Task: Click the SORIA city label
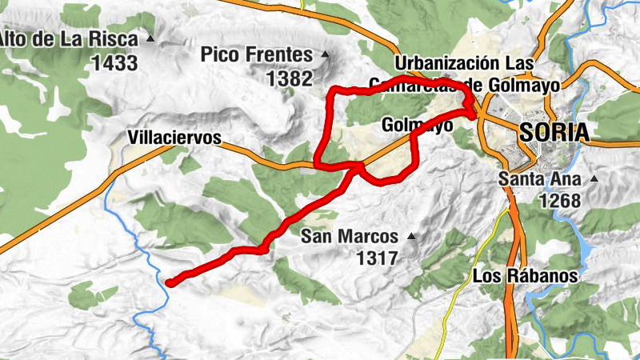pyautogui.click(x=554, y=132)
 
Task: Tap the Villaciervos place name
pyautogui.click(x=174, y=138)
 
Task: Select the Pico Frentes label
pyautogui.click(x=256, y=55)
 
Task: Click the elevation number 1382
pyautogui.click(x=289, y=78)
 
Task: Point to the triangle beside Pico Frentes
pyautogui.click(x=325, y=55)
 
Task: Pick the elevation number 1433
pyautogui.click(x=115, y=63)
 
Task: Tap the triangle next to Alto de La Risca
pyautogui.click(x=150, y=39)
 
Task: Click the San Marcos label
pyautogui.click(x=350, y=236)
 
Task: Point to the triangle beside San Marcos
pyautogui.click(x=411, y=236)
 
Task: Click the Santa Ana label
pyautogui.click(x=539, y=178)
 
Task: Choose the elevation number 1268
pyautogui.click(x=559, y=201)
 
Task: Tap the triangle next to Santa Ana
pyautogui.click(x=594, y=178)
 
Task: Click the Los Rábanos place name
pyautogui.click(x=525, y=275)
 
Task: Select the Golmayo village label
pyautogui.click(x=418, y=126)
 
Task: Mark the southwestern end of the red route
pyautogui.click(x=170, y=281)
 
